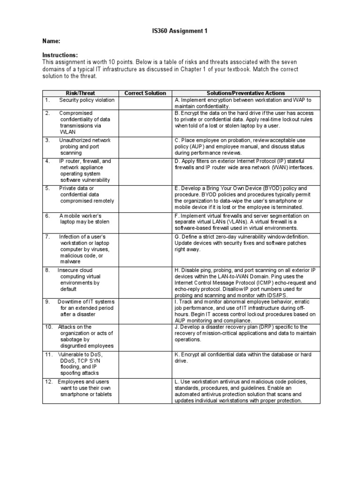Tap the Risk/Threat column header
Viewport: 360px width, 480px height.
[x=81, y=93]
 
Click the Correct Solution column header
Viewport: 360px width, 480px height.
[x=145, y=93]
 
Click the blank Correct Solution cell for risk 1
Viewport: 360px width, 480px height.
[x=145, y=103]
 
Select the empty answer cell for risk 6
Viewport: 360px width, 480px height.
[x=145, y=222]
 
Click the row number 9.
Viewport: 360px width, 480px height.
[x=47, y=301]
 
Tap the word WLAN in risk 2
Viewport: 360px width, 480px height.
[x=67, y=132]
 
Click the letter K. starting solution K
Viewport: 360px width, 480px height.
[x=177, y=354]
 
